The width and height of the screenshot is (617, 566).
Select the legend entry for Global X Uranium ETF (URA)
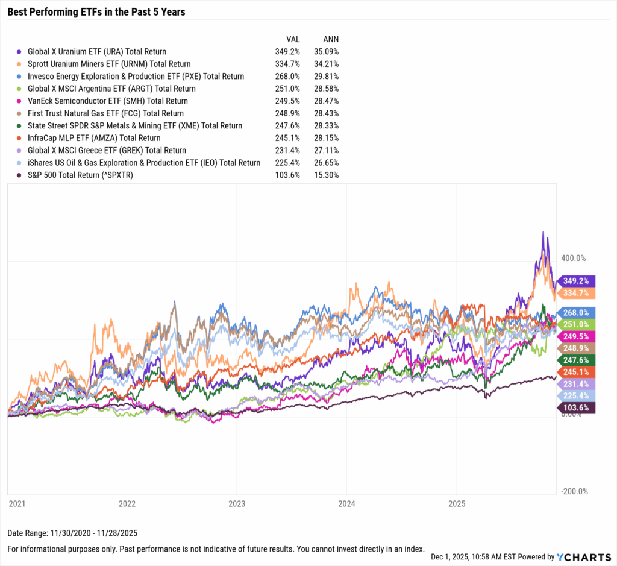(x=96, y=52)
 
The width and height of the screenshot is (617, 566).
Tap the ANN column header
(x=331, y=39)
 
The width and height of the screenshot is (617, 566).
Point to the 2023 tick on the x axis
(x=236, y=502)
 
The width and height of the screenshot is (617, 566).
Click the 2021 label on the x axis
(x=17, y=502)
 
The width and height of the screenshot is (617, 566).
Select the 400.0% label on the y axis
(x=573, y=258)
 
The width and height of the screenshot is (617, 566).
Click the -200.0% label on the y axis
(x=574, y=492)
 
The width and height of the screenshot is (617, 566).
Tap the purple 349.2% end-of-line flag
(x=577, y=281)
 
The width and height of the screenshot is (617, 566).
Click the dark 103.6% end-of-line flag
(x=577, y=408)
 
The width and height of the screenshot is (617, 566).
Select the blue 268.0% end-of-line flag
(x=577, y=312)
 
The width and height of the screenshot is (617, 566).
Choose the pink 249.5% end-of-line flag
(x=577, y=336)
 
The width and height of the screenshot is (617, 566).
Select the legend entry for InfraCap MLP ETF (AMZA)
(x=94, y=138)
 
